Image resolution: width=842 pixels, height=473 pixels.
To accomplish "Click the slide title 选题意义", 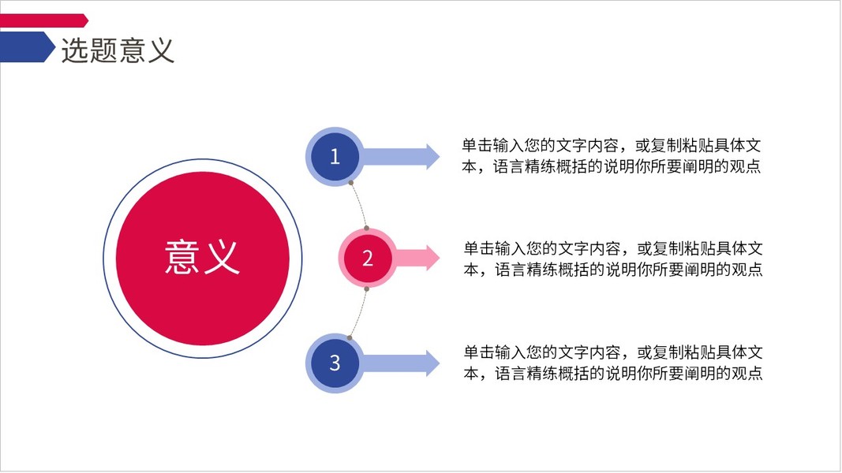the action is [x=118, y=50].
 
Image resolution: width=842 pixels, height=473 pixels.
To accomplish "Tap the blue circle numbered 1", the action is [x=335, y=156].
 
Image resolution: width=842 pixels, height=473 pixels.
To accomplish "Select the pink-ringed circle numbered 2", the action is [x=367, y=258].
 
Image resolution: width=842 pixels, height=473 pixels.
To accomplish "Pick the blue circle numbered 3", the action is [x=335, y=363].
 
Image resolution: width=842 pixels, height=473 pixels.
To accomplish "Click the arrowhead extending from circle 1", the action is [x=431, y=156].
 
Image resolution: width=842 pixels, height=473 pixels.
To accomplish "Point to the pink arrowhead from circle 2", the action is [x=431, y=258].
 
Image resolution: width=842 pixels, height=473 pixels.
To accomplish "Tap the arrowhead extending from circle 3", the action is [x=431, y=363].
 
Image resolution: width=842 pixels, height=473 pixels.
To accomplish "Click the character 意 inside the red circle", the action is [x=183, y=256].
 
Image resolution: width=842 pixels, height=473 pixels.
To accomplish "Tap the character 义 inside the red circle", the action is [x=222, y=256].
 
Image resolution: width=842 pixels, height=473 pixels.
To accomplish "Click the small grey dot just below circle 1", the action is [x=350, y=184].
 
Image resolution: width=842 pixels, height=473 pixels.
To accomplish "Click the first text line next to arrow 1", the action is [x=612, y=146].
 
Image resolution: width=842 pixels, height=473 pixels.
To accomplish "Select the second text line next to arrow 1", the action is [x=612, y=166].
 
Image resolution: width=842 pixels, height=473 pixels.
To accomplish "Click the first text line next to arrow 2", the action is [x=613, y=248].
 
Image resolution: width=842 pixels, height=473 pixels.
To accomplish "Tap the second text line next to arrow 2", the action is [x=613, y=270].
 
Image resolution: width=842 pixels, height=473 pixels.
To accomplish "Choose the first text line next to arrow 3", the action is [x=613, y=352].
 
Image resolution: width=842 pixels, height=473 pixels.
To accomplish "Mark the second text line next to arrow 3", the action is [x=613, y=373].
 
